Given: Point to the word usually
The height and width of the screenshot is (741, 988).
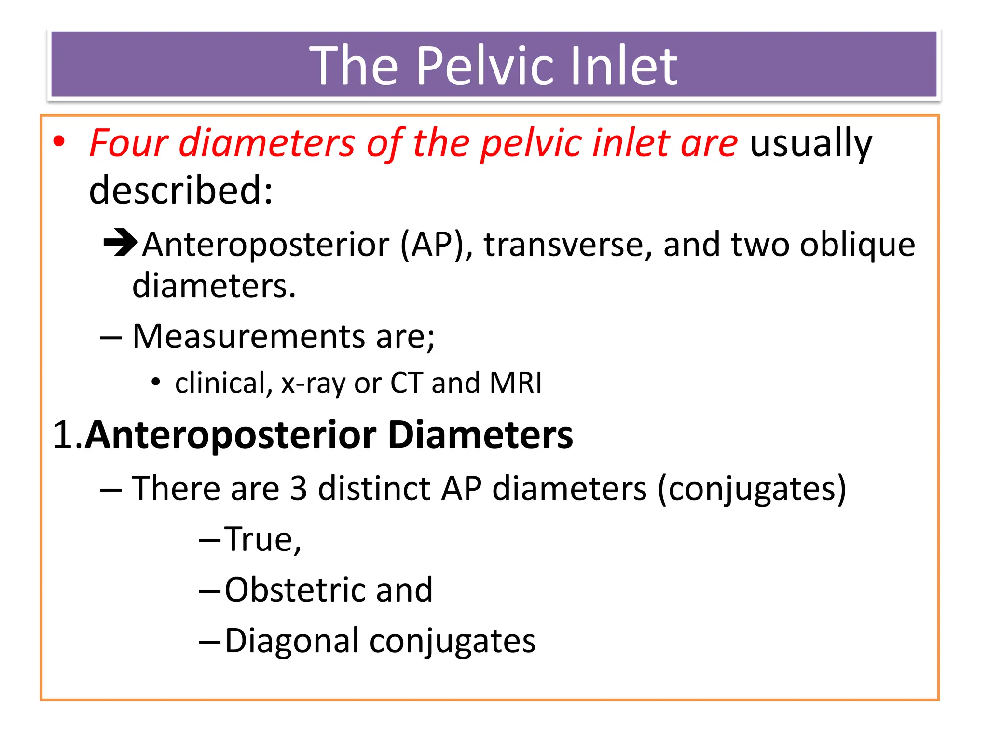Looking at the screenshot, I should click(x=811, y=143).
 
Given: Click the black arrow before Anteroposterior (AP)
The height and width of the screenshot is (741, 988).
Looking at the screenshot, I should click(x=121, y=243).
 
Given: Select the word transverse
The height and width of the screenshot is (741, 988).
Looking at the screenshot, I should click(x=568, y=245).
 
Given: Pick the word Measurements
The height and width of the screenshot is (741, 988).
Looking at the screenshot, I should click(x=248, y=336).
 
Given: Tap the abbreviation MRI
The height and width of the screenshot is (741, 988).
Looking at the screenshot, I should click(x=515, y=383).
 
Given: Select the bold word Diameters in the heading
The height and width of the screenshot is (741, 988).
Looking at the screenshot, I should click(x=480, y=435).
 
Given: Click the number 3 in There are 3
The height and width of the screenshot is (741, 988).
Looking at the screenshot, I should click(x=299, y=489).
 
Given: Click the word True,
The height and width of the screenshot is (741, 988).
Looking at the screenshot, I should click(x=263, y=539).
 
